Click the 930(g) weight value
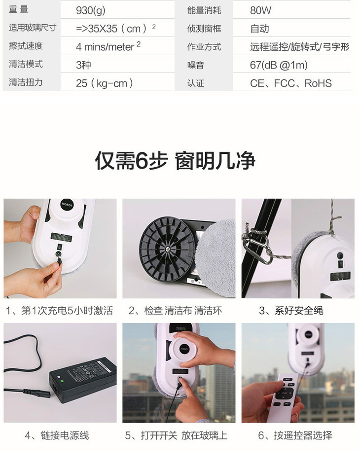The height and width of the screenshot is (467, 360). point(91,10)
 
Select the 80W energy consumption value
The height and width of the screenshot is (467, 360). point(260,10)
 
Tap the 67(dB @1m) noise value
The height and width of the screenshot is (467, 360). point(279,65)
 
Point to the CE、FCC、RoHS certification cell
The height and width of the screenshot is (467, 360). point(290,83)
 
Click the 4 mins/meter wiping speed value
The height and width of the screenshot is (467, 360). point(108,46)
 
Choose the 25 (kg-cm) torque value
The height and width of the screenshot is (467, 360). point(104,83)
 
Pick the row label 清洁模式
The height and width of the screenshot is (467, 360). point(26,64)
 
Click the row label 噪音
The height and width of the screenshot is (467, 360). point(196,65)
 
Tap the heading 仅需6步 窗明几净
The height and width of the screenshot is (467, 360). point(175,161)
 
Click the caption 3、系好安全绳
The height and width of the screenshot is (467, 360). point(291,311)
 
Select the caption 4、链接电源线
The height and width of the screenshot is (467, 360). point(57,435)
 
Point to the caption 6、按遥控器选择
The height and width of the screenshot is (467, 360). point(295,435)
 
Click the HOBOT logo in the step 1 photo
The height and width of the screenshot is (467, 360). point(67,205)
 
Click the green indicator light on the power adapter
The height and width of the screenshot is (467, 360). point(62,381)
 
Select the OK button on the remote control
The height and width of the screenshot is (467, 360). point(285,394)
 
